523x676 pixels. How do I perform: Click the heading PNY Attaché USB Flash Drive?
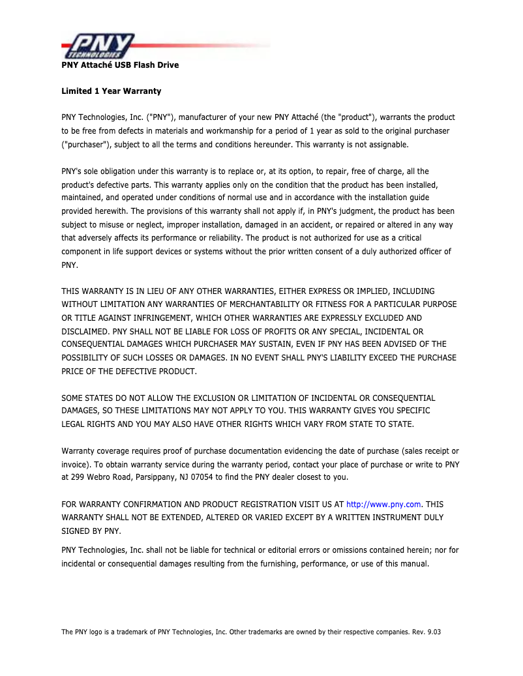(120, 65)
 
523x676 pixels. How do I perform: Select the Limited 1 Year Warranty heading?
(111, 91)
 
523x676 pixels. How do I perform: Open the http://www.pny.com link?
(383, 504)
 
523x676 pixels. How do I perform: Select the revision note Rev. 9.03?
(426, 632)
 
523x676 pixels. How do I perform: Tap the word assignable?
(387, 144)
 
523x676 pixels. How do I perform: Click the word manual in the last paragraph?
(413, 563)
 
